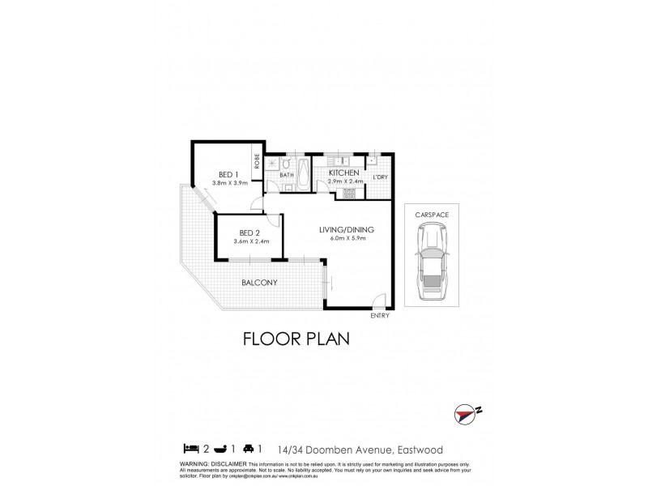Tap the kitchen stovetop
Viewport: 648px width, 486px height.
(348, 194)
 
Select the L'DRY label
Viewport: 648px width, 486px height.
(380, 177)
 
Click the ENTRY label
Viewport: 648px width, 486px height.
(380, 315)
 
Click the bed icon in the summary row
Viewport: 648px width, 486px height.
(190, 446)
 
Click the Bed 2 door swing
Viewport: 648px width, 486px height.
(276, 220)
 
